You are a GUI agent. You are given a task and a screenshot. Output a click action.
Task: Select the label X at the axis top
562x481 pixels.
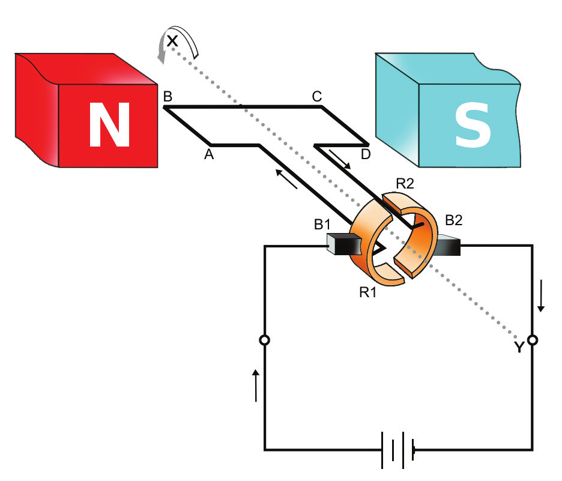click(x=172, y=41)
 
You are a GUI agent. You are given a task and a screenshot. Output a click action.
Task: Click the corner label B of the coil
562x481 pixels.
click(x=168, y=96)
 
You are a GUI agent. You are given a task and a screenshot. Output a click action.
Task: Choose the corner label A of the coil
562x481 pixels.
click(x=209, y=154)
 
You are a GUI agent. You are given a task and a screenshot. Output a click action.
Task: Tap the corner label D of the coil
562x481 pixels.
click(x=365, y=155)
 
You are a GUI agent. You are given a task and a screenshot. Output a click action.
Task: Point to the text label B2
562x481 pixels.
click(x=453, y=220)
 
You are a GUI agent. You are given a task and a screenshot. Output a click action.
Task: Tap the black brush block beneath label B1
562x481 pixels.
click(x=342, y=246)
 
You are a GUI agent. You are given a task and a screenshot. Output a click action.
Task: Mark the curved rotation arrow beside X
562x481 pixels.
click(x=178, y=41)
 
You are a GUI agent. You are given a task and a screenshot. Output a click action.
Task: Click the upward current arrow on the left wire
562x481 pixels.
click(x=256, y=385)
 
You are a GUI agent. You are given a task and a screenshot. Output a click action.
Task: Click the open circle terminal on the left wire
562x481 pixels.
click(x=264, y=340)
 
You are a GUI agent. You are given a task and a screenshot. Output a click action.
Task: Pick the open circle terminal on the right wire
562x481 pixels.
click(x=533, y=340)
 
